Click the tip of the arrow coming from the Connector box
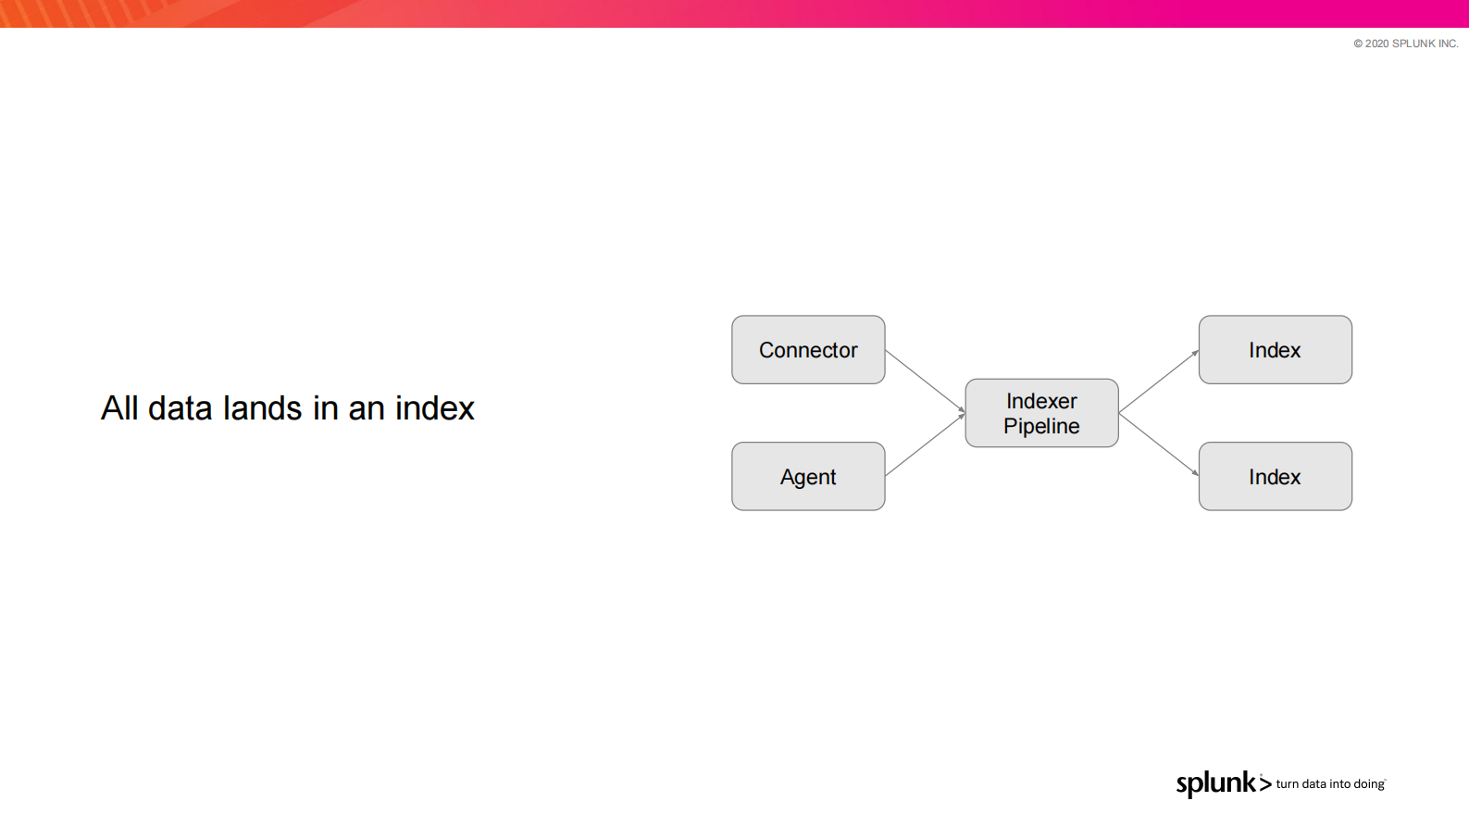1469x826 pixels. click(965, 413)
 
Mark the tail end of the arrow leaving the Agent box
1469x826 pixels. click(885, 476)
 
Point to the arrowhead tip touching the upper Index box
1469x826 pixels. click(1199, 350)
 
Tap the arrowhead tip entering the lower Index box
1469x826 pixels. click(1199, 476)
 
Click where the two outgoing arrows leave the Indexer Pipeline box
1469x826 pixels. click(1119, 413)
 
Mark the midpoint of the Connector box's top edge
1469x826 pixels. click(809, 316)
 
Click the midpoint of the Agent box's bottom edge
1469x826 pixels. click(809, 510)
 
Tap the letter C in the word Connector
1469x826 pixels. click(766, 350)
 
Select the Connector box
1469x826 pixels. click(809, 350)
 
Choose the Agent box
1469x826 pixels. click(809, 476)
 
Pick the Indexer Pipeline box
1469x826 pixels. click(1042, 413)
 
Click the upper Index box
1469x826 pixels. click(1276, 350)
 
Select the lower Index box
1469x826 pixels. click(1276, 476)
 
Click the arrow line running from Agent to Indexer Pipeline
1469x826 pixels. click(926, 444)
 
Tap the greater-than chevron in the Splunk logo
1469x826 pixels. click(1265, 783)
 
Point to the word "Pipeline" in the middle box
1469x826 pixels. click(1041, 427)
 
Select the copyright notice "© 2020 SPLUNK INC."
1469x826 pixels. click(1406, 44)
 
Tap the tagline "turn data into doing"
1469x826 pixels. click(1331, 784)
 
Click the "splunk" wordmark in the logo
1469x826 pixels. click(1216, 784)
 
